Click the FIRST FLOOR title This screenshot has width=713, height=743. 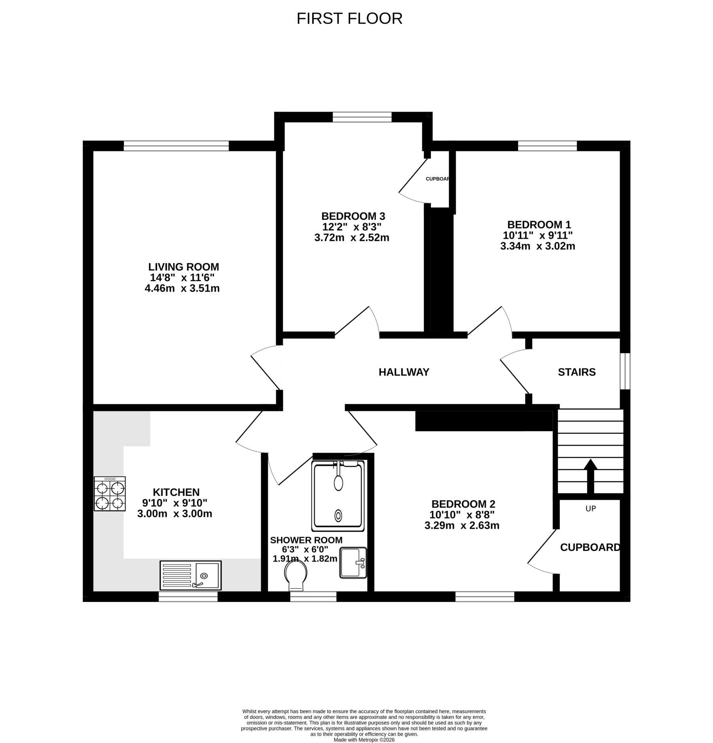click(x=349, y=19)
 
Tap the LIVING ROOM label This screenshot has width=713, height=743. click(x=183, y=267)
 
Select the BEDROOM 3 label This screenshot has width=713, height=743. click(x=353, y=216)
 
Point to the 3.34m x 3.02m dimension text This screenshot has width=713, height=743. click(x=538, y=246)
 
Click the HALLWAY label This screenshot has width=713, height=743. click(x=404, y=372)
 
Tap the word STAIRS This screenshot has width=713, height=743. click(x=577, y=372)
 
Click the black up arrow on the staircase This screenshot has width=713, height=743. click(x=590, y=476)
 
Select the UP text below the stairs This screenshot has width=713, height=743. click(x=590, y=509)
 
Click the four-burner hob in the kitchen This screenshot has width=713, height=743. click(x=110, y=493)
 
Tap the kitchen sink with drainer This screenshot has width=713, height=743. click(x=191, y=575)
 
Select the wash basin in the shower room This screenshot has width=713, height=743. click(x=353, y=563)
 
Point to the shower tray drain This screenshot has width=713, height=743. click(x=338, y=516)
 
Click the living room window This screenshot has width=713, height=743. click(x=176, y=146)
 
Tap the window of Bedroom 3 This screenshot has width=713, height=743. click(x=362, y=117)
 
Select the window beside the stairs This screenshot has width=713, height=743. click(x=625, y=371)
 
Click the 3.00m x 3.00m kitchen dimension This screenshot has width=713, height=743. click(x=175, y=514)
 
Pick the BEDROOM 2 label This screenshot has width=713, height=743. click(x=463, y=504)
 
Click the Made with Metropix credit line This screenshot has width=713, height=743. click(x=364, y=739)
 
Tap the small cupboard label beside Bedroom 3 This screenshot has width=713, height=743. click(x=437, y=179)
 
